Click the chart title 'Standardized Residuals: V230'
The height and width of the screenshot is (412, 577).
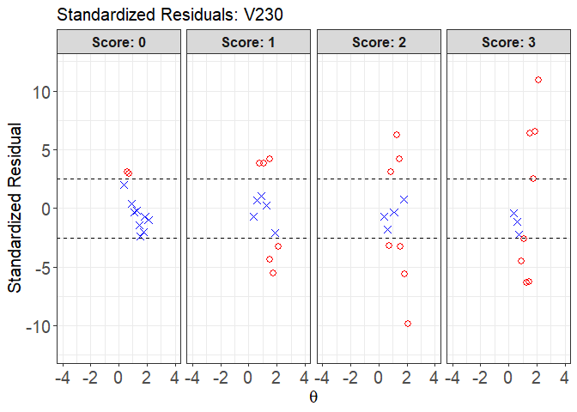click(x=169, y=15)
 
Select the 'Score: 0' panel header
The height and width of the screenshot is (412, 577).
click(x=118, y=42)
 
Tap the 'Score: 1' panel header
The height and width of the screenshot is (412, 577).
click(x=249, y=42)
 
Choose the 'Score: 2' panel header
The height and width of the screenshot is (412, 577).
click(x=379, y=42)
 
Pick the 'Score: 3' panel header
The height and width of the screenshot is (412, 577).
click(x=509, y=42)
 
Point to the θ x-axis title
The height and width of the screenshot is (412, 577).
click(x=313, y=397)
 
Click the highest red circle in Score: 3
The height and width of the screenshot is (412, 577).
click(x=538, y=80)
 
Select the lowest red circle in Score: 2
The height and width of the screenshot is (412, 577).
click(x=408, y=324)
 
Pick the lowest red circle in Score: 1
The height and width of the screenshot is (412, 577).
click(x=273, y=273)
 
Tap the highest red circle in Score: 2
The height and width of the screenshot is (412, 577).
click(x=397, y=135)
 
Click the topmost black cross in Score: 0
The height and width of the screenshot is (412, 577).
click(x=124, y=185)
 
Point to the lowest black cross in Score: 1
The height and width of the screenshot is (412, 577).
click(x=275, y=233)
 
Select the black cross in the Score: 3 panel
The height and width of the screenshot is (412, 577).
click(x=519, y=234)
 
